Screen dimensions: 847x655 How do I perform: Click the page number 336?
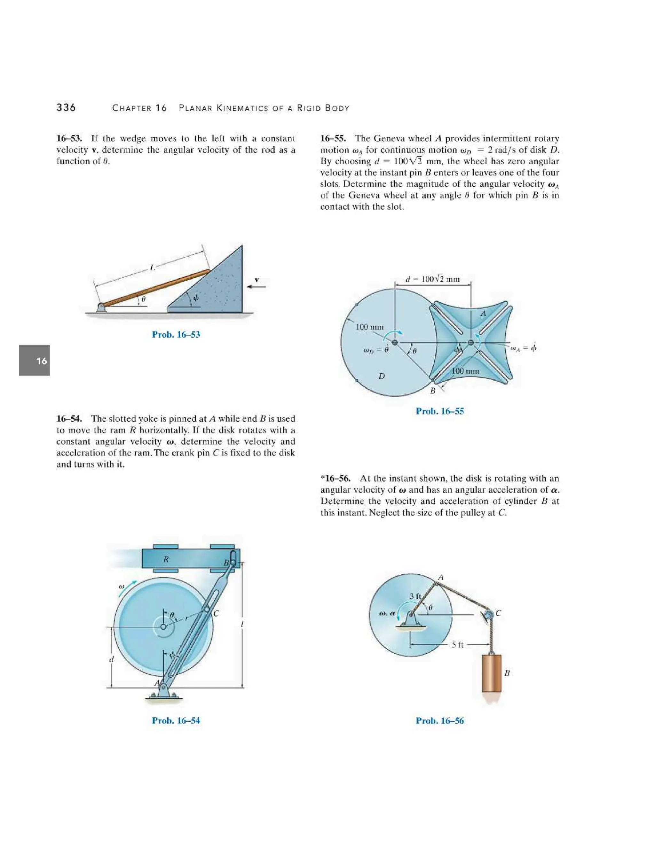click(66, 107)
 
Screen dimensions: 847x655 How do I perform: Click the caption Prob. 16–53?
click(176, 334)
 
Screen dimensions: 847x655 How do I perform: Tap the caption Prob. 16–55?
click(440, 411)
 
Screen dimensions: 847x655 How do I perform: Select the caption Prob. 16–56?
click(440, 721)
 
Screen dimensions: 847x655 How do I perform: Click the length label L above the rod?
click(153, 268)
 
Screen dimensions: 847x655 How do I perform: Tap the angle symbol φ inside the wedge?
click(196, 298)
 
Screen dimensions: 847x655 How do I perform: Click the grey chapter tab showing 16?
click(35, 361)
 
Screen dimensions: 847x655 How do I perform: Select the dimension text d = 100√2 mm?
click(432, 279)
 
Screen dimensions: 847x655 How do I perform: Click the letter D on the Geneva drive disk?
click(382, 376)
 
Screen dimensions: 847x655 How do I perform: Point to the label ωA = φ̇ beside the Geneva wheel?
click(523, 347)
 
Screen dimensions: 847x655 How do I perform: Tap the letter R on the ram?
click(166, 559)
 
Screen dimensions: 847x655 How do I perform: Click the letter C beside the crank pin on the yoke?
click(216, 614)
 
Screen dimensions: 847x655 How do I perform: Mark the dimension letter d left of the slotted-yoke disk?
click(112, 659)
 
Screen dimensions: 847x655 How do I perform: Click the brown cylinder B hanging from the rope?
click(491, 673)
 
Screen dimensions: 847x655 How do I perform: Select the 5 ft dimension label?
click(457, 645)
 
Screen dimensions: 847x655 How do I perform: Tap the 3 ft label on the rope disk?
click(415, 596)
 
